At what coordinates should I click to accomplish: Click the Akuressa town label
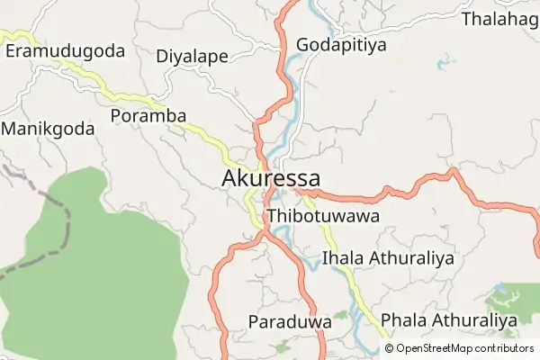tap(270, 178)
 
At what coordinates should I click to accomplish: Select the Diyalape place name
tap(192, 56)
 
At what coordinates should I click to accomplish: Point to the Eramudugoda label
tap(65, 50)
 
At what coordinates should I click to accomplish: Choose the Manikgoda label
tap(48, 129)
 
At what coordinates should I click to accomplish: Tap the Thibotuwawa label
tap(322, 217)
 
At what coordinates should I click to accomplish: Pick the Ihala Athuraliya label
tap(387, 258)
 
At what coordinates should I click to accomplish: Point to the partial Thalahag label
tap(499, 19)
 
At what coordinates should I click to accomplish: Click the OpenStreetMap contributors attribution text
tap(463, 348)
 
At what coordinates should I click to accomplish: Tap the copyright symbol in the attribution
tap(389, 348)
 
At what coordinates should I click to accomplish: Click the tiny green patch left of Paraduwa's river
tap(340, 316)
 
